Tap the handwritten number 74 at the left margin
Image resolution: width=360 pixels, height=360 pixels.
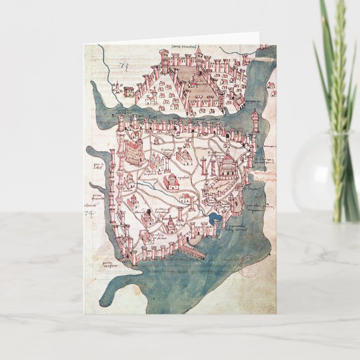(88, 212)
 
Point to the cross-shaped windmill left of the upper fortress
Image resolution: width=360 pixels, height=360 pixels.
(118, 88)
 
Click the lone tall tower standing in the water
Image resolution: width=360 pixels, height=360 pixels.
(255, 120)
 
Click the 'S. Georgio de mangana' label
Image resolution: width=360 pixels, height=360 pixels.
(266, 162)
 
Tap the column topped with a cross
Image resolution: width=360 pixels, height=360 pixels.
(206, 168)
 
